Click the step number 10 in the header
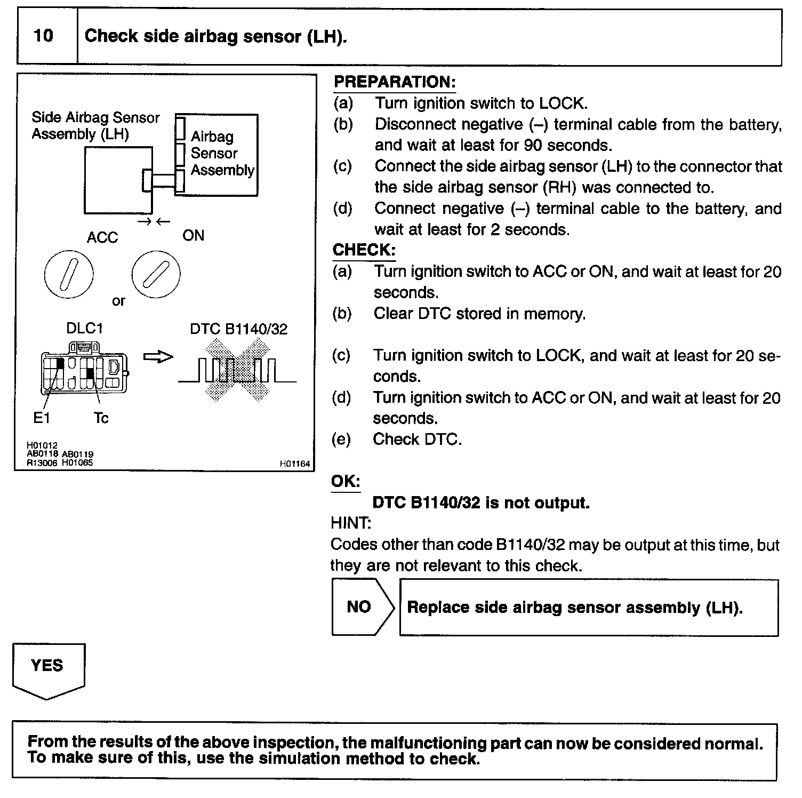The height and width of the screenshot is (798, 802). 43,36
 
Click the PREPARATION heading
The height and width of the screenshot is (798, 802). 395,82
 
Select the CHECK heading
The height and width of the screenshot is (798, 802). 364,250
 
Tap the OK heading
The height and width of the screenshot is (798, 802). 346,481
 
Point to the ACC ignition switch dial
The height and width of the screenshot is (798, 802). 69,274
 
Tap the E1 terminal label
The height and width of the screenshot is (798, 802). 42,418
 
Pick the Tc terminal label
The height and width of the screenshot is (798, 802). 101,418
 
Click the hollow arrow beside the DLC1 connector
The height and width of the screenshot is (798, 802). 158,357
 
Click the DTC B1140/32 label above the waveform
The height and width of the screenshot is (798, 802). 238,329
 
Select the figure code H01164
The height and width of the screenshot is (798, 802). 294,464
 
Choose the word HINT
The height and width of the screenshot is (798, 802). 350,523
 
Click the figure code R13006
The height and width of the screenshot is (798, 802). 42,463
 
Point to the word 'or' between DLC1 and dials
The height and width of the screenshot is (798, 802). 118,301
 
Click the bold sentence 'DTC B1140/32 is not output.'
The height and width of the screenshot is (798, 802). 480,502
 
